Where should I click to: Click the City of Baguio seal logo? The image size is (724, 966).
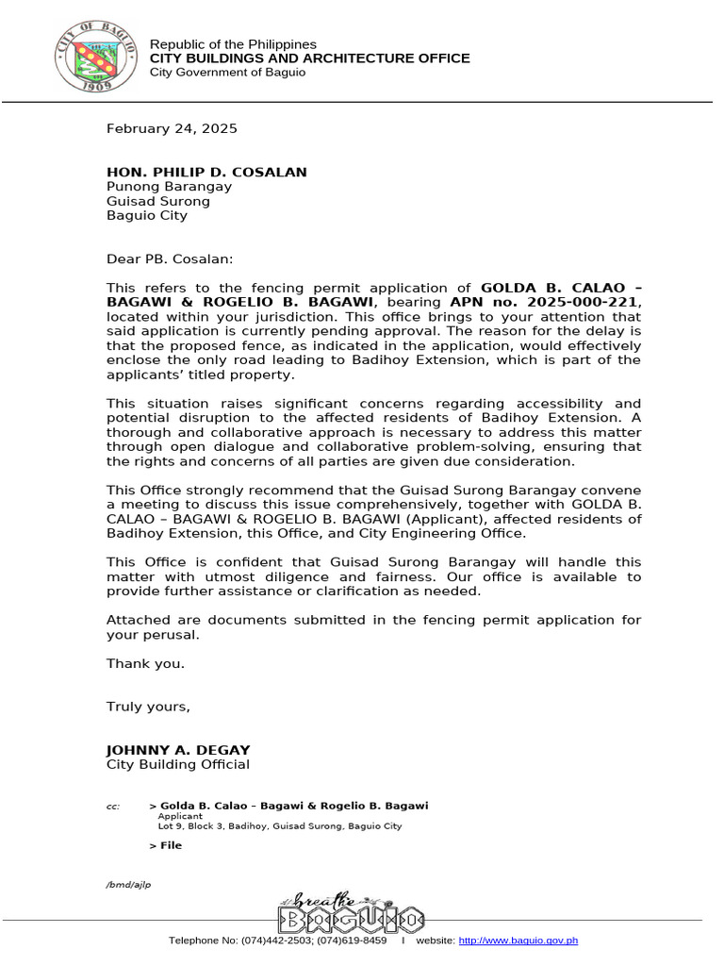click(x=98, y=58)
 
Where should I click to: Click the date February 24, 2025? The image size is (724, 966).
click(x=172, y=128)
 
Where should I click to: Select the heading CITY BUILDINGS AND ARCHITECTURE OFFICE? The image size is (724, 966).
click(x=310, y=58)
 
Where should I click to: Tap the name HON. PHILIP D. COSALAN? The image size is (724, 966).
click(x=206, y=172)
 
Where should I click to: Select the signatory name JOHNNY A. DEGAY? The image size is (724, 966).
click(x=178, y=750)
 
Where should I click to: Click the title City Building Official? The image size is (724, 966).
click(x=178, y=764)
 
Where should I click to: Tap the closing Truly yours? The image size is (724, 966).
click(x=149, y=707)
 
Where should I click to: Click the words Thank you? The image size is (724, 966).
click(x=145, y=663)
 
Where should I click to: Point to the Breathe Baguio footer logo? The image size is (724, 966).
click(x=351, y=912)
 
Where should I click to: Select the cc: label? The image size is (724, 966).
click(x=113, y=807)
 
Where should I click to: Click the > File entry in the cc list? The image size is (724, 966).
click(x=166, y=845)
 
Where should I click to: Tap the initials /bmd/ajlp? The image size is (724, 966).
click(x=128, y=884)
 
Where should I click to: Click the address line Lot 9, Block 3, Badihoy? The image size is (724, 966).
click(x=279, y=826)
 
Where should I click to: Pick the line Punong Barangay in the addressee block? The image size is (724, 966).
click(x=169, y=186)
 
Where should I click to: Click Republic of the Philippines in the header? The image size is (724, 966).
click(x=234, y=44)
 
